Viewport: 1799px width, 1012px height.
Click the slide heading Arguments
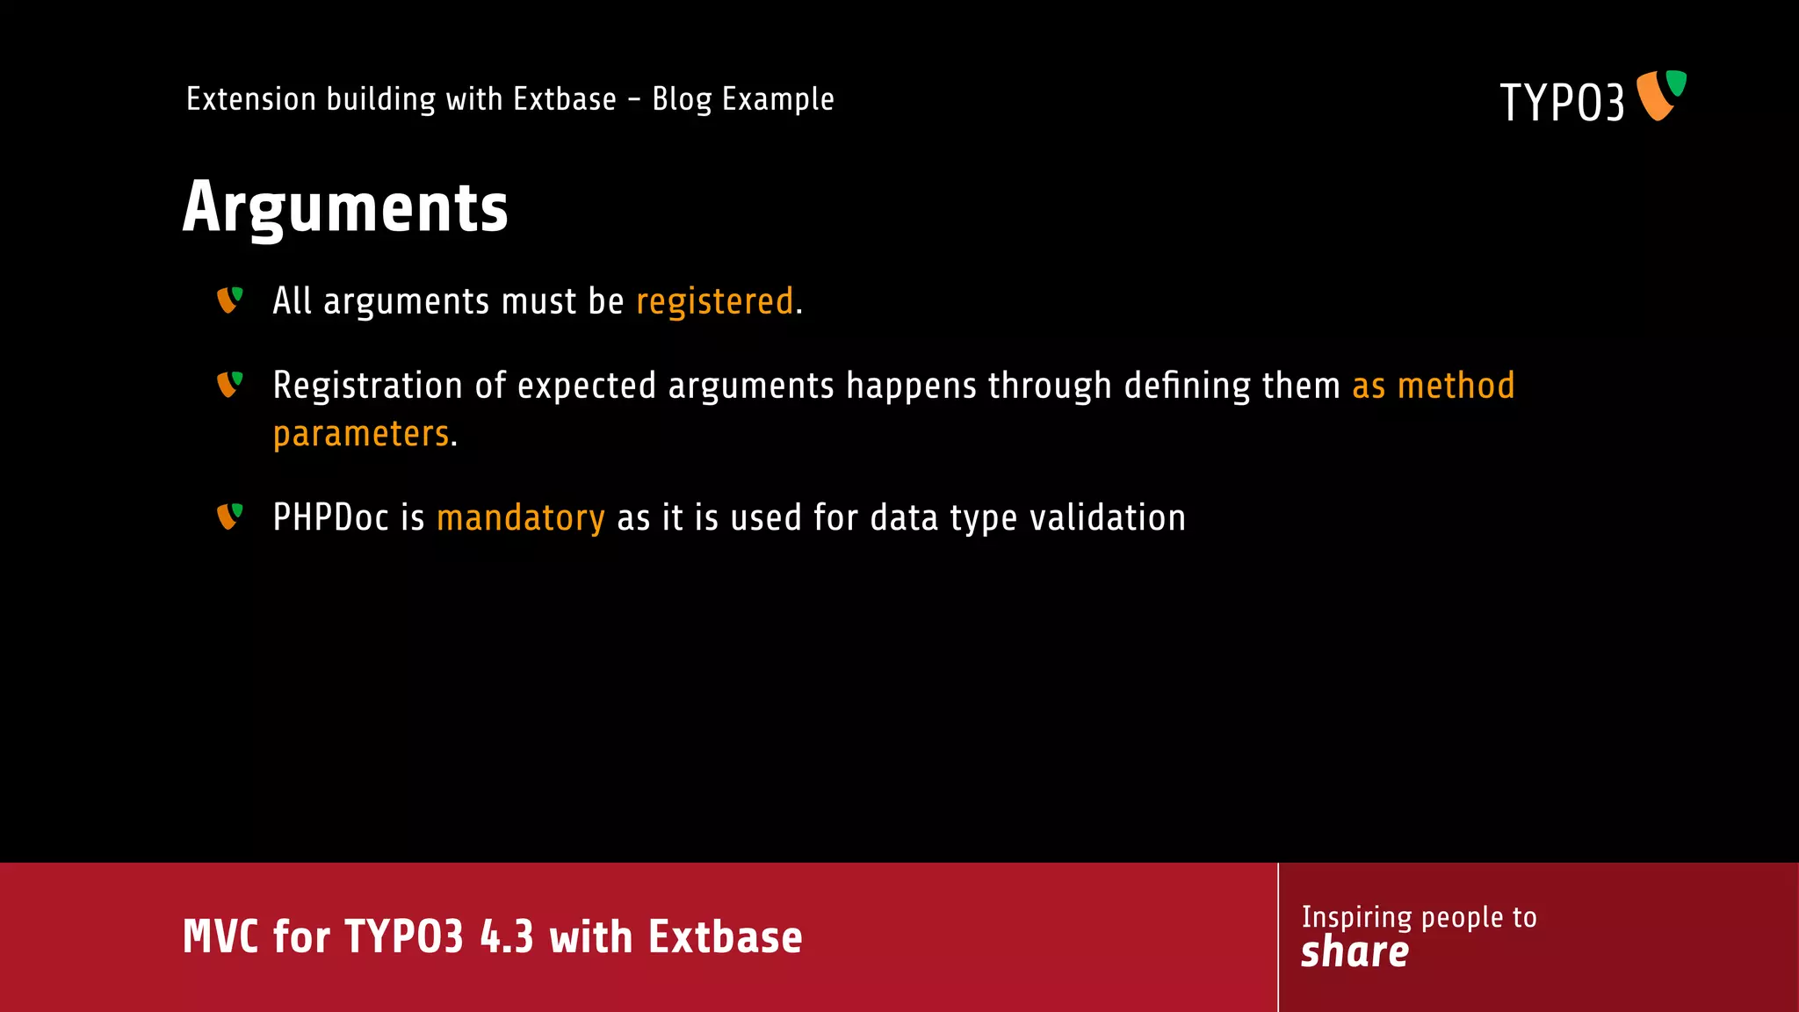click(345, 207)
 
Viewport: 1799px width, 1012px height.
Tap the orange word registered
click(714, 301)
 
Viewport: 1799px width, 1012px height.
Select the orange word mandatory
click(520, 518)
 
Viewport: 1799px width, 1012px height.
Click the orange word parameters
click(361, 434)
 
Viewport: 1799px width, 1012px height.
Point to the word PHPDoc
click(330, 517)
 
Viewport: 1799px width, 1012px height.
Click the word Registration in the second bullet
click(367, 386)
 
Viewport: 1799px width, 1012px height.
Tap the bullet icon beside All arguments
click(229, 300)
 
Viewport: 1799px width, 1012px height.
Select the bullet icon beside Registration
click(229, 384)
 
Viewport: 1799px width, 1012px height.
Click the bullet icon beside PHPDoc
click(229, 517)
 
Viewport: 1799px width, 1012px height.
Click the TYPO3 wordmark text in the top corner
click(1561, 102)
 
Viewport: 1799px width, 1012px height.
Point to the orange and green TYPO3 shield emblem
click(1661, 95)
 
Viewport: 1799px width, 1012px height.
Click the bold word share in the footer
click(1355, 952)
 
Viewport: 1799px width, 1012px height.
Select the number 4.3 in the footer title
click(507, 936)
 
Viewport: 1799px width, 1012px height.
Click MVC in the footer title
click(220, 936)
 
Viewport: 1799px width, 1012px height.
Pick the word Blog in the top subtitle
click(682, 99)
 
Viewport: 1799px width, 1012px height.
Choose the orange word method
click(1456, 386)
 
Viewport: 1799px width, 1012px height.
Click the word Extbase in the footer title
click(725, 936)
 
